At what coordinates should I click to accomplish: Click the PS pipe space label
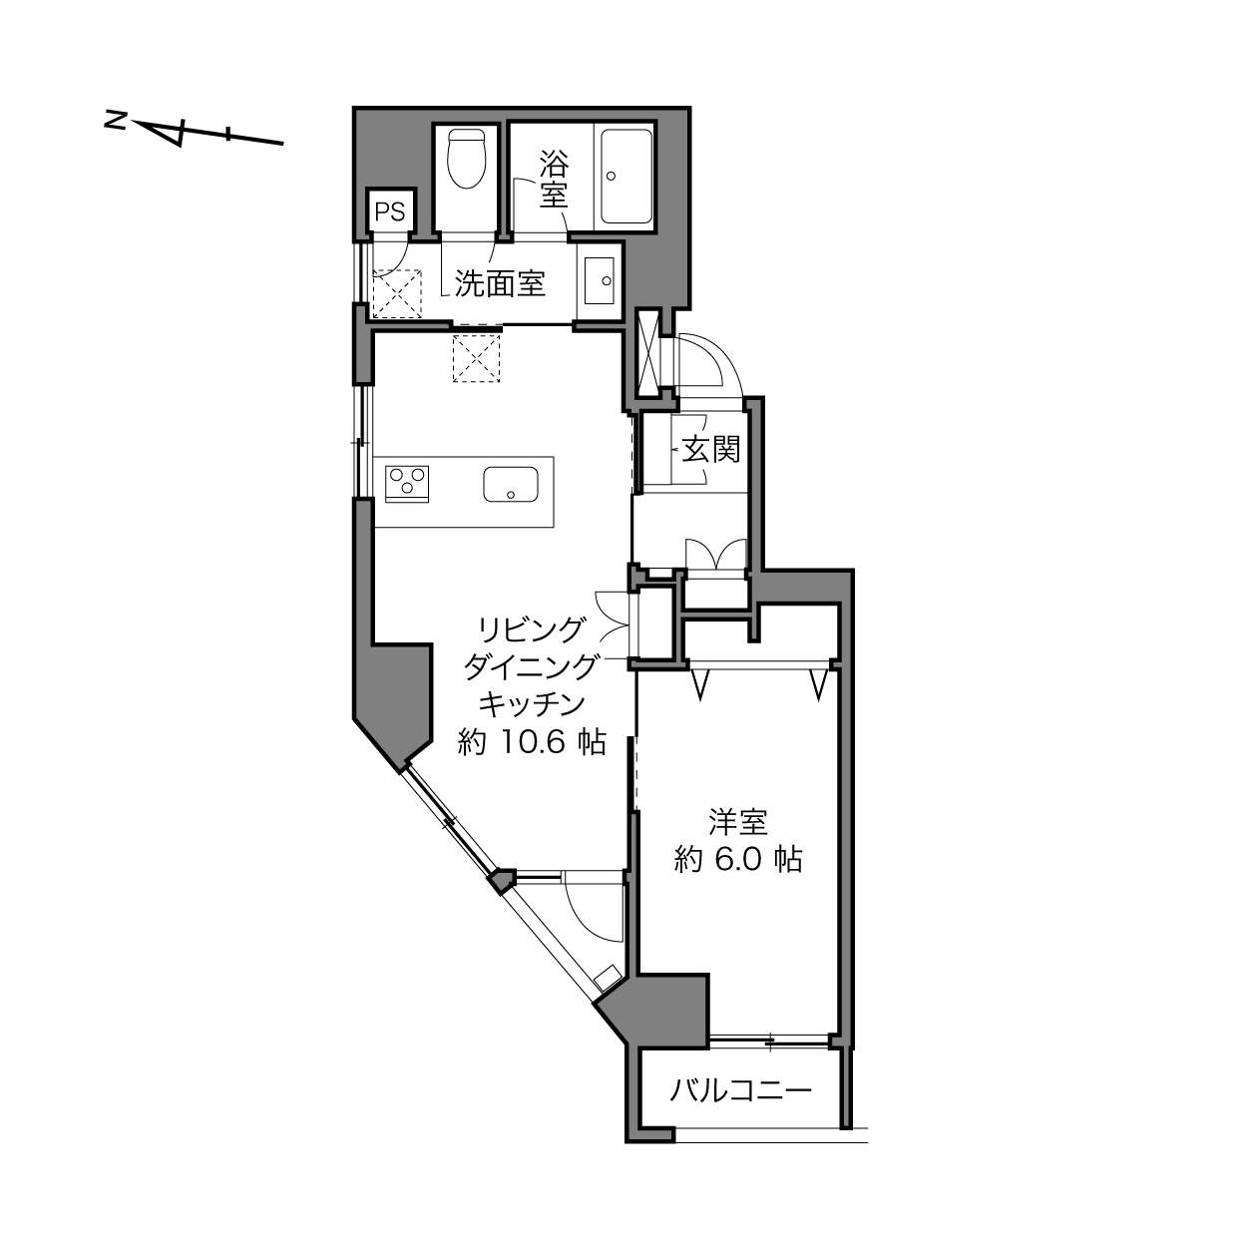389,211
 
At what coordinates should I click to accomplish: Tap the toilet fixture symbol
466,159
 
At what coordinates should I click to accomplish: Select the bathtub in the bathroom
626,177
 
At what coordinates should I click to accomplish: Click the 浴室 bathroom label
555,179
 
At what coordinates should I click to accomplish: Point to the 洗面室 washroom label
499,283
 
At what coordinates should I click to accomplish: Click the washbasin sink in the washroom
599,280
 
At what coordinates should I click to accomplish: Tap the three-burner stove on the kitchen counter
407,484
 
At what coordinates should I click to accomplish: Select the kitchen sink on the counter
511,484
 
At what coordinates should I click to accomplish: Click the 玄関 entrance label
710,449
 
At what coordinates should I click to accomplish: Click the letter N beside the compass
115,121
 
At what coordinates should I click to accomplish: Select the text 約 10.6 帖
532,742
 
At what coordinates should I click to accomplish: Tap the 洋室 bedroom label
737,822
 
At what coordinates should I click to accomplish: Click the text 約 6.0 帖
737,860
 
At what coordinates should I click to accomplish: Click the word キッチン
532,704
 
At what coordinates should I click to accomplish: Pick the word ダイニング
530,667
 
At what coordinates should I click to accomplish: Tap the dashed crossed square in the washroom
397,294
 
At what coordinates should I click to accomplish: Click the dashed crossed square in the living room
477,358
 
